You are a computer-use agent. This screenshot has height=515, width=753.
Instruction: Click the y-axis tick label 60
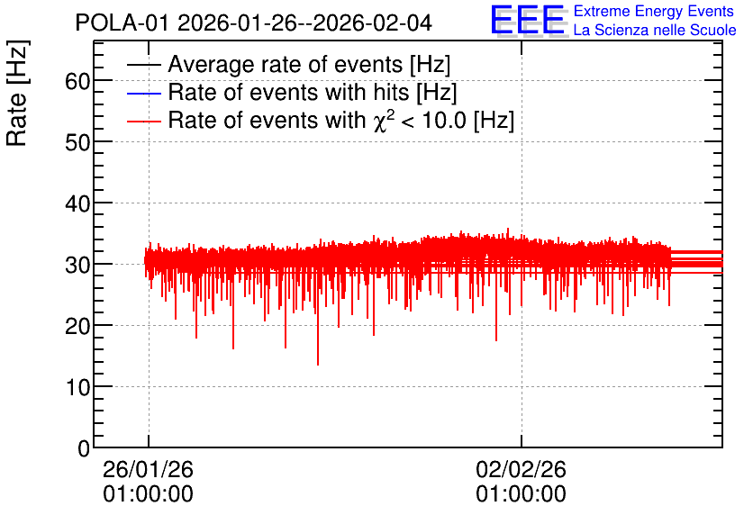pos(77,81)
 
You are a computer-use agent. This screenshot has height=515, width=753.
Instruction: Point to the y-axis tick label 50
pos(77,142)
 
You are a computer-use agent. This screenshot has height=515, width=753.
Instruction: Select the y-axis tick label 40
pos(77,203)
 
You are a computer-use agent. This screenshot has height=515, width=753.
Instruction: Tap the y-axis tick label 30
pos(77,265)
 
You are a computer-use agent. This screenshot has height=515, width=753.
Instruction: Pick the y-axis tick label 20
pos(77,326)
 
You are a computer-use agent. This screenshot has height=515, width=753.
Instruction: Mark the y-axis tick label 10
pos(77,387)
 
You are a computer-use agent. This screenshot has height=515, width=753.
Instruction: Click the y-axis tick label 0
pos(84,448)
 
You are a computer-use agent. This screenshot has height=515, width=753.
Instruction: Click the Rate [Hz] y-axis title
pos(17,93)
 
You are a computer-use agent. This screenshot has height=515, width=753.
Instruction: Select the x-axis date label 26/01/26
pos(148,469)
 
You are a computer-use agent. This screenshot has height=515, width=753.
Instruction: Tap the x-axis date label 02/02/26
pos(521,469)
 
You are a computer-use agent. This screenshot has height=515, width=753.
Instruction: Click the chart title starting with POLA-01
pos(254,23)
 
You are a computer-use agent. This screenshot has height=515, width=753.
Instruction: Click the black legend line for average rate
pos(143,65)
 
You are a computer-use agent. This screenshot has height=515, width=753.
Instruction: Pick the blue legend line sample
pos(143,93)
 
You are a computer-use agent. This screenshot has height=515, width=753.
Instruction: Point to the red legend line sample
pos(143,121)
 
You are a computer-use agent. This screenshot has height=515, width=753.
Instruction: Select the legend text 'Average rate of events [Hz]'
pos(309,64)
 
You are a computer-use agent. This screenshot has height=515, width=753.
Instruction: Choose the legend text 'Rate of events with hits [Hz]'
pos(313,92)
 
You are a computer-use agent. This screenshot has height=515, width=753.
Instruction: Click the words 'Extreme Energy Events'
pos(654,11)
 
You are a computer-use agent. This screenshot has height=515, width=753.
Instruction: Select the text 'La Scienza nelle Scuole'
pos(655,30)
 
